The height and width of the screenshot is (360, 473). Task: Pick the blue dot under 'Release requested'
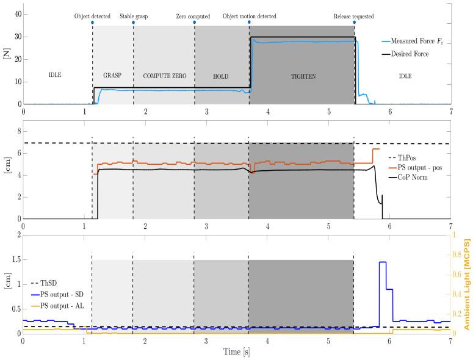[x=354, y=22]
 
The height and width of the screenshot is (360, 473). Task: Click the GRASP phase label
[x=112, y=76]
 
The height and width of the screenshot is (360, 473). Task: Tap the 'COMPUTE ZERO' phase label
[x=164, y=76]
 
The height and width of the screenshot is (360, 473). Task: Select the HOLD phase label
[x=221, y=76]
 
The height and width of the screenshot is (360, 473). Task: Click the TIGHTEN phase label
[x=302, y=76]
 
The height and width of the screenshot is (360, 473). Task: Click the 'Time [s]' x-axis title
[x=236, y=352]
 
